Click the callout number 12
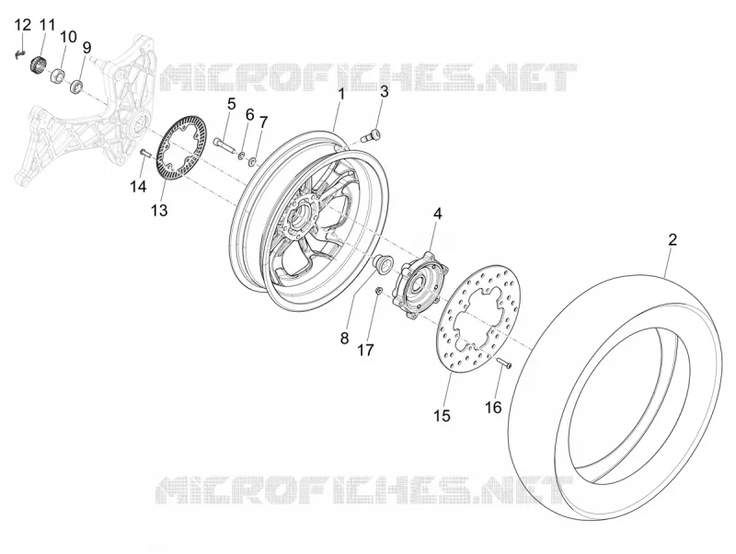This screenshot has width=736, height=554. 22,25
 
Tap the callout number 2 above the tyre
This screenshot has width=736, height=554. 673,240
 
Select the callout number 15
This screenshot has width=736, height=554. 443,415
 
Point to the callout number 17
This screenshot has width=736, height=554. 365,350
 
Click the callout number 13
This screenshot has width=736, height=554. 159,211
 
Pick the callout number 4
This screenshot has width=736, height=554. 438,214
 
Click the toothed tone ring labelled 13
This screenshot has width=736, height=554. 181,148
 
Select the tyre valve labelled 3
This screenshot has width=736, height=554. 372,135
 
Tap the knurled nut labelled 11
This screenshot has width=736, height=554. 37,64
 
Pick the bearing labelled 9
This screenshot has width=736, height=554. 76,87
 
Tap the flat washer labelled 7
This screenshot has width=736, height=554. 253,162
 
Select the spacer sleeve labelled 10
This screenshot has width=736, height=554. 58,75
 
